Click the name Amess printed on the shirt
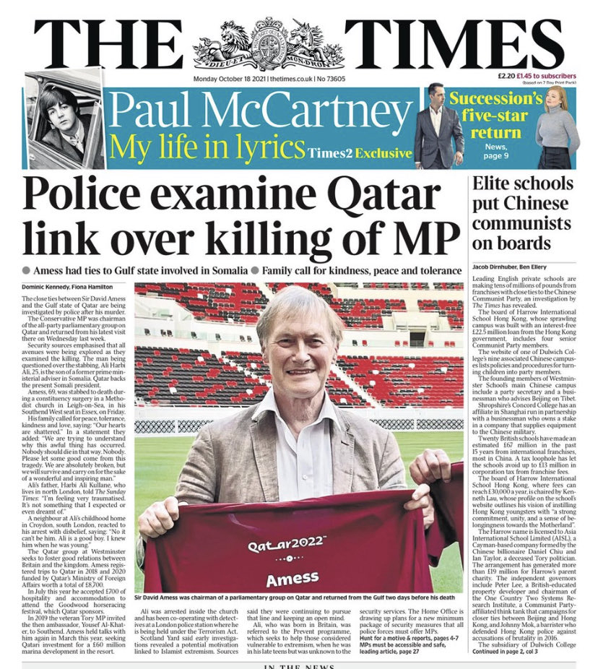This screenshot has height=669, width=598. click(292, 579)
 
